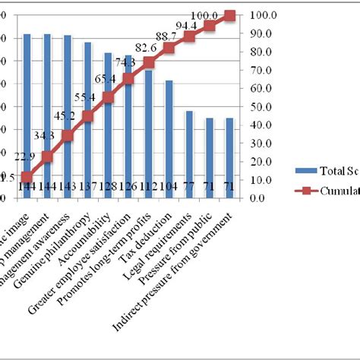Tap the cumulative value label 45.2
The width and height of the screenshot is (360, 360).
(x=65, y=116)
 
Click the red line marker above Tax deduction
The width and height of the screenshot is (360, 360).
(x=169, y=48)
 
